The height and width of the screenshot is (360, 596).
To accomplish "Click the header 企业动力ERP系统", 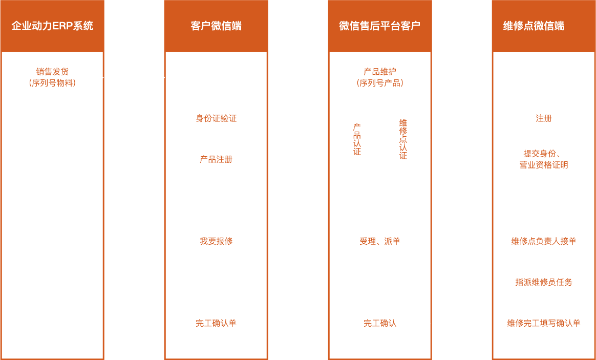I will click(52, 26).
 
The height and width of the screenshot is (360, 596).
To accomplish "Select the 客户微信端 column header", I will click(216, 26).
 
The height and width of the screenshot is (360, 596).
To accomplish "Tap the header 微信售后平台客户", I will click(380, 26).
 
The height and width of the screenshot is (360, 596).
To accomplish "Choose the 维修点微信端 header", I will click(534, 26).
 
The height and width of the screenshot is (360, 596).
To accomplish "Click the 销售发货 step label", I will click(52, 72).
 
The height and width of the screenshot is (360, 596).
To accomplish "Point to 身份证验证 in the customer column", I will click(216, 118).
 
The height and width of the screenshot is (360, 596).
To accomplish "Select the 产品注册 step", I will click(216, 159).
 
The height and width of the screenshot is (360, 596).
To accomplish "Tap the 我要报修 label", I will click(216, 241).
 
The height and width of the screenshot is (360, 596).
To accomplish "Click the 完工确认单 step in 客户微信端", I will click(216, 323).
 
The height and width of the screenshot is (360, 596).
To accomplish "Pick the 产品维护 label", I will click(380, 72).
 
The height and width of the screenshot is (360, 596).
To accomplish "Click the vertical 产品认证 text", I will click(357, 139).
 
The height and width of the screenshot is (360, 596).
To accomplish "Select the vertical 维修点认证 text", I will click(403, 139).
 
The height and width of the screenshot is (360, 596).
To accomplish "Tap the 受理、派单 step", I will click(380, 241).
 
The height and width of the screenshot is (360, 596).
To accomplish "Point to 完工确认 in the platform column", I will click(380, 323).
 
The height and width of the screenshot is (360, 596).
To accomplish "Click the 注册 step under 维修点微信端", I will click(544, 118).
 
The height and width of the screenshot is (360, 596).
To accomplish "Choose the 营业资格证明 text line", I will click(544, 165).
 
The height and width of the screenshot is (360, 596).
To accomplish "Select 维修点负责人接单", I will click(544, 241).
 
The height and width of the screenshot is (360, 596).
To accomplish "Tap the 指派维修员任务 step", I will click(544, 282).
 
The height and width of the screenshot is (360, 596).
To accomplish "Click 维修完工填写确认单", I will click(544, 323).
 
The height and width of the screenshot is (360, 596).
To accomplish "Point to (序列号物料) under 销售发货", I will click(52, 83).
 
